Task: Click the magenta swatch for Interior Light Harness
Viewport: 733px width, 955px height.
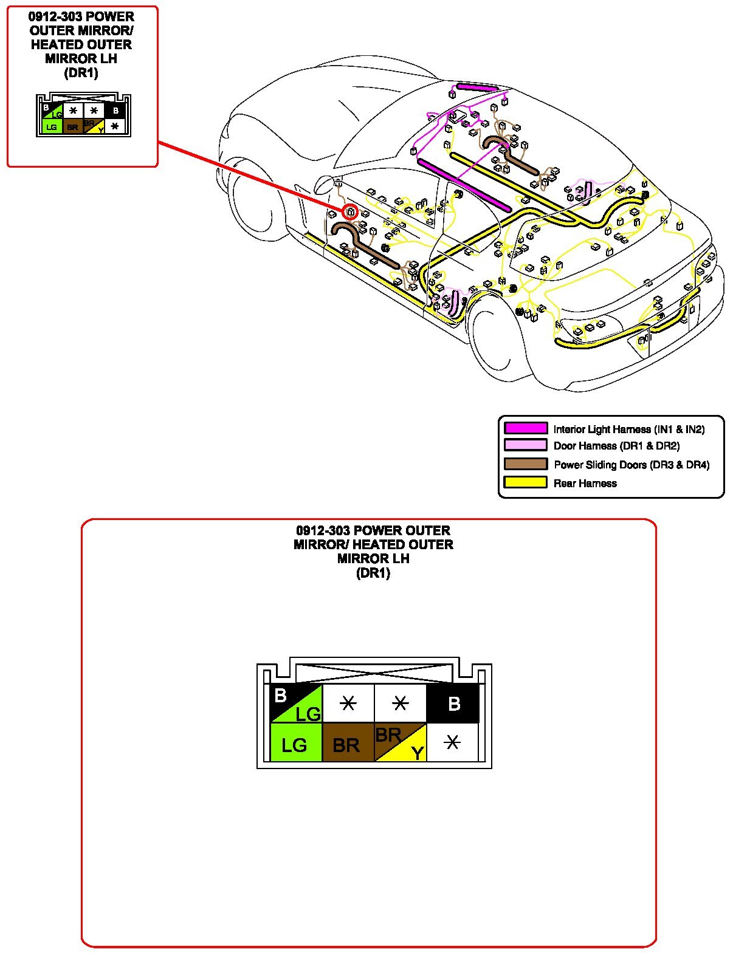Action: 526,428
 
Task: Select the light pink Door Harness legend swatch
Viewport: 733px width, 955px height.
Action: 526,445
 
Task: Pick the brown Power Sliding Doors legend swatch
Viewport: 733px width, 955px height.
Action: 526,464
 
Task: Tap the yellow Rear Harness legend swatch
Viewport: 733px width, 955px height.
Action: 526,483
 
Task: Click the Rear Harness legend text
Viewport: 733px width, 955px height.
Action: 585,484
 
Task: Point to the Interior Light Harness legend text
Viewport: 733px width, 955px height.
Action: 628,430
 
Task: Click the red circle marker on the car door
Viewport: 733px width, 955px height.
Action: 350,211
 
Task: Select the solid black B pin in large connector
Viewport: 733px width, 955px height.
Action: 453,703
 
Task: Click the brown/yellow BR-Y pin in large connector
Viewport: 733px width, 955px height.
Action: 400,742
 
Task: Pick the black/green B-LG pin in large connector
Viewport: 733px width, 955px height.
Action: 295,703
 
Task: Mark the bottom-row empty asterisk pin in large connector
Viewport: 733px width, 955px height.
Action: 452,742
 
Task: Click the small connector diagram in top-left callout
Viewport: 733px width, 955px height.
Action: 83,115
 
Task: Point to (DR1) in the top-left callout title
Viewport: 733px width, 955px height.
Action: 81,73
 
